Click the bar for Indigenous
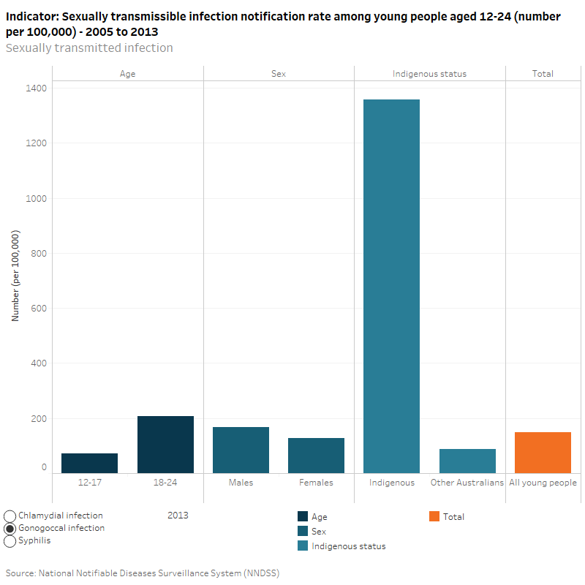pyautogui.click(x=391, y=286)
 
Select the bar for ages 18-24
pyautogui.click(x=165, y=445)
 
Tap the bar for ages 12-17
pyautogui.click(x=89, y=463)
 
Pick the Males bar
pyautogui.click(x=241, y=450)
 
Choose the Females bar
pyautogui.click(x=316, y=456)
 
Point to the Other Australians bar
pyautogui.click(x=467, y=461)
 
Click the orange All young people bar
pyautogui.click(x=543, y=453)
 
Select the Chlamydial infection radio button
pyautogui.click(x=10, y=516)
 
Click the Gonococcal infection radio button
pyautogui.click(x=10, y=529)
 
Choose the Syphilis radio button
pyautogui.click(x=10, y=541)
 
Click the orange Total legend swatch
pyautogui.click(x=434, y=517)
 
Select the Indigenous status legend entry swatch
pyautogui.click(x=303, y=546)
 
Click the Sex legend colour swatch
pyautogui.click(x=303, y=532)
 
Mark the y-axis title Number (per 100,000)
pyautogui.click(x=15, y=276)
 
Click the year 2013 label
pyautogui.click(x=178, y=516)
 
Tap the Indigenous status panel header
pyautogui.click(x=429, y=74)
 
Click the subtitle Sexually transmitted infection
pyautogui.click(x=89, y=48)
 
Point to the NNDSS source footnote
pyautogui.click(x=143, y=573)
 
